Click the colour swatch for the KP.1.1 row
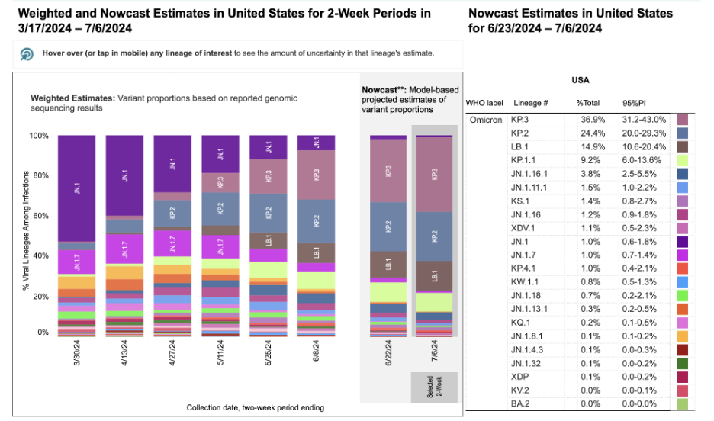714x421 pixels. tap(683, 161)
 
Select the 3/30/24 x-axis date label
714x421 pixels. tap(77, 357)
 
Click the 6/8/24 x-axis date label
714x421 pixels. tap(316, 355)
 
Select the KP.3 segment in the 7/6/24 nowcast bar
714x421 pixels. tap(434, 175)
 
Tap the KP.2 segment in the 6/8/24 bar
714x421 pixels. tap(316, 222)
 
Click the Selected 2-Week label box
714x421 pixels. tap(434, 387)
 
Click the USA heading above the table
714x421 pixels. tap(581, 79)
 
